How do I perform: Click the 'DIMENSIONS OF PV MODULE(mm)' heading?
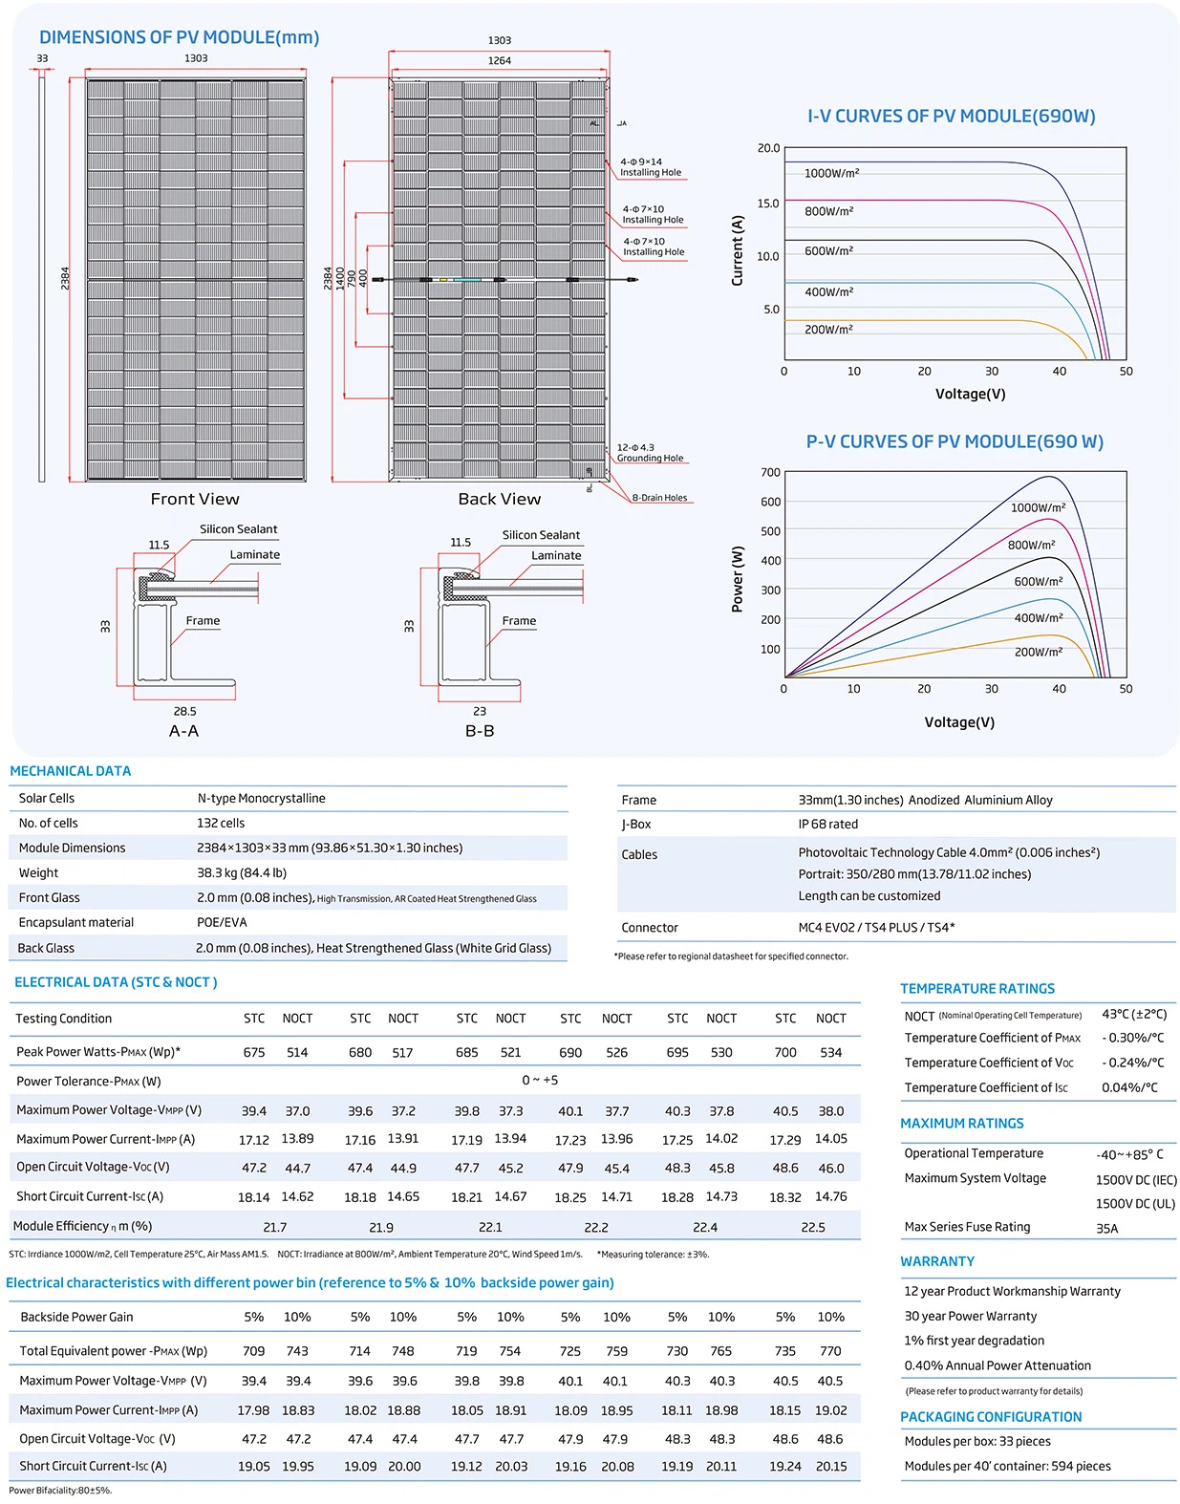tap(179, 37)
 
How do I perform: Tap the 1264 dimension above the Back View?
tap(499, 61)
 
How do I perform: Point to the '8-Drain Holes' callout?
tap(659, 498)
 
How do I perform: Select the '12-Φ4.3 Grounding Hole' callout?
tap(650, 453)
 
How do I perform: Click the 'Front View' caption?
tap(195, 499)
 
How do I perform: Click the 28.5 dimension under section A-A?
tap(184, 711)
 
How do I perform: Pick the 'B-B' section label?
tap(480, 731)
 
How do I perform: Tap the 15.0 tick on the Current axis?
tap(768, 204)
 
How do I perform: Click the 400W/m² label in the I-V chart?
tap(828, 292)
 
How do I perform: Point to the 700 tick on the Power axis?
tap(770, 472)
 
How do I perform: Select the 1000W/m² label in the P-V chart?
tap(1038, 507)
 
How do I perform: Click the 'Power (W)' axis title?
tap(738, 579)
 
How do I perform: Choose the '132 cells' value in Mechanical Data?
tap(221, 823)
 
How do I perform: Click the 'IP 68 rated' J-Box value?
tap(827, 824)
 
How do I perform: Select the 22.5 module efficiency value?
tap(812, 1227)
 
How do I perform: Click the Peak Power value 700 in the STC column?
tap(784, 1052)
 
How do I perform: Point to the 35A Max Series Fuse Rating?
tap(1106, 1229)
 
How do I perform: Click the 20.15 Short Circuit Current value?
tap(830, 1466)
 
